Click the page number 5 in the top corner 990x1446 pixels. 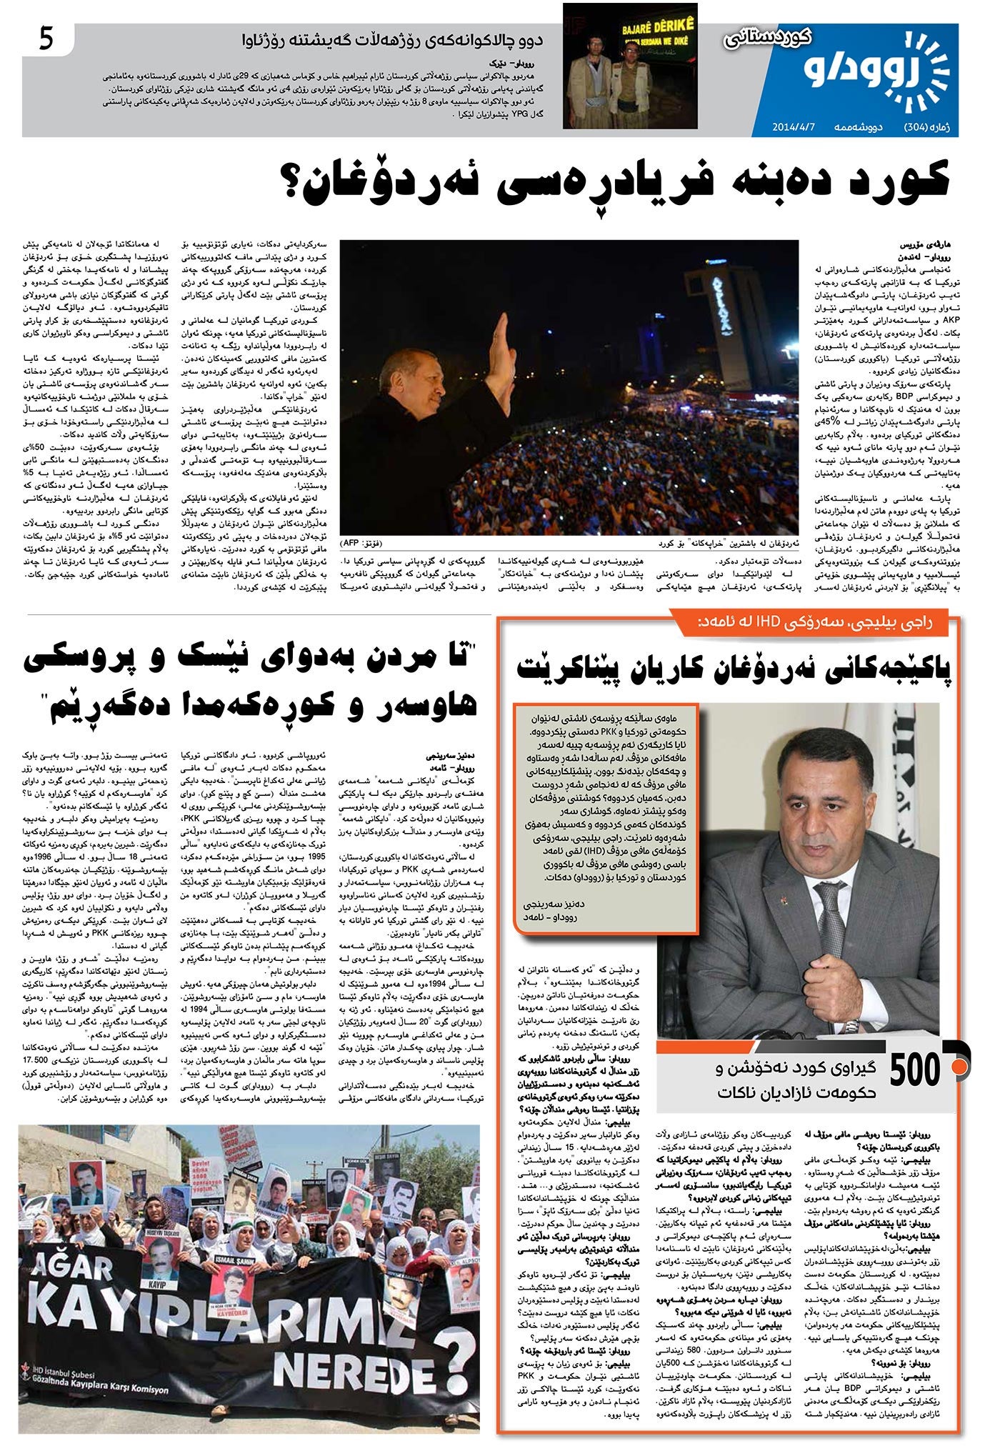tap(46, 40)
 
